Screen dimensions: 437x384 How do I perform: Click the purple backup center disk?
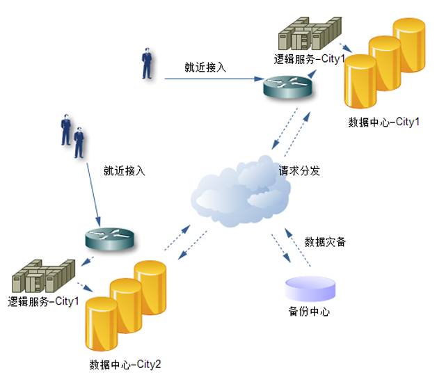(310, 289)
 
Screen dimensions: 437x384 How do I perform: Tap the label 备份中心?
(309, 311)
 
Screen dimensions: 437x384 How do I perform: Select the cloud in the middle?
(241, 191)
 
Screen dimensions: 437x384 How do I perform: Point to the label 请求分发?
(299, 170)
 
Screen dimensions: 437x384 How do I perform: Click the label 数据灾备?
(325, 241)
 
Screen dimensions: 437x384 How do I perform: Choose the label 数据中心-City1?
(384, 122)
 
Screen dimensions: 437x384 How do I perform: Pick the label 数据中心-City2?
(125, 365)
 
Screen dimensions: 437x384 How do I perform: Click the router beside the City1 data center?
(288, 87)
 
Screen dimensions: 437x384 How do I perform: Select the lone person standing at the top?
(147, 63)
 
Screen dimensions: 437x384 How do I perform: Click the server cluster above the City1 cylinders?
(310, 33)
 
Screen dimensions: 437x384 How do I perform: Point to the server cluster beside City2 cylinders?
(44, 276)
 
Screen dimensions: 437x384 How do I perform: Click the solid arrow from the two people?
(94, 195)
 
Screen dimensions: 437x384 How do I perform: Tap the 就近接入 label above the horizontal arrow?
(205, 67)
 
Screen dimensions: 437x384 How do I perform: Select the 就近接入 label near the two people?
(125, 170)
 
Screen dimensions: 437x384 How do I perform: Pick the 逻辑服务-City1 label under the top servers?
(310, 59)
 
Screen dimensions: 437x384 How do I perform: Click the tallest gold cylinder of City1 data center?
(409, 45)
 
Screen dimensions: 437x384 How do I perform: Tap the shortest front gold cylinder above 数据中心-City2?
(102, 323)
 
